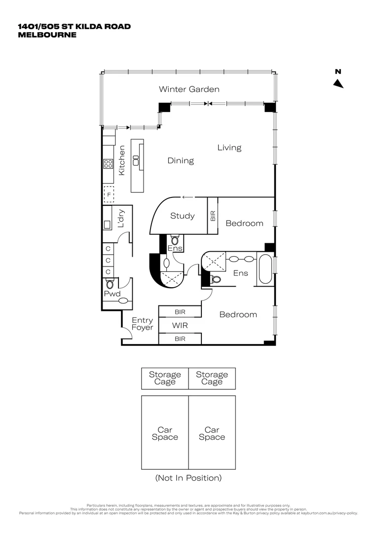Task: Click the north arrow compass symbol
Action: point(338,83)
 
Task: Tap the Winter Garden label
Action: point(189,89)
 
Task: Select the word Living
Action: point(229,148)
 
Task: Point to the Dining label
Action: point(180,160)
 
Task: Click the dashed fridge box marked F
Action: point(109,194)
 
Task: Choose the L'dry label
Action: point(121,220)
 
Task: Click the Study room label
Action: point(183,216)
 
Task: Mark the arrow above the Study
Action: point(187,197)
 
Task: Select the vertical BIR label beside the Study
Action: point(213,216)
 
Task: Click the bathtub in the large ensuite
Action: point(265,269)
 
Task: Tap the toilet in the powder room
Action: point(110,284)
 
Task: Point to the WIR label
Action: point(180,326)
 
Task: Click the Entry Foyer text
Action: point(142,324)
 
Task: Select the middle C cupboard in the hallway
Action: point(108,260)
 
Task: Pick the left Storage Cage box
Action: point(165,378)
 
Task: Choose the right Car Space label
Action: point(212,433)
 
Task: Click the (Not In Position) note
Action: point(188,478)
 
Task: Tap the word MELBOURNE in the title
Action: point(47,35)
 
